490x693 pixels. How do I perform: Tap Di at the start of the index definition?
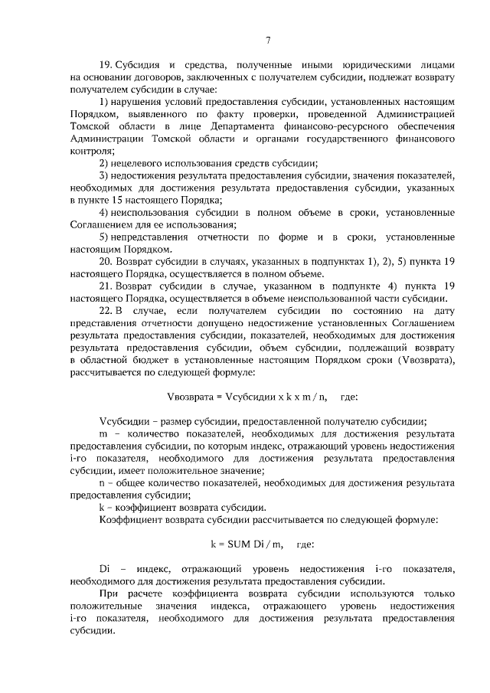pos(106,569)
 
